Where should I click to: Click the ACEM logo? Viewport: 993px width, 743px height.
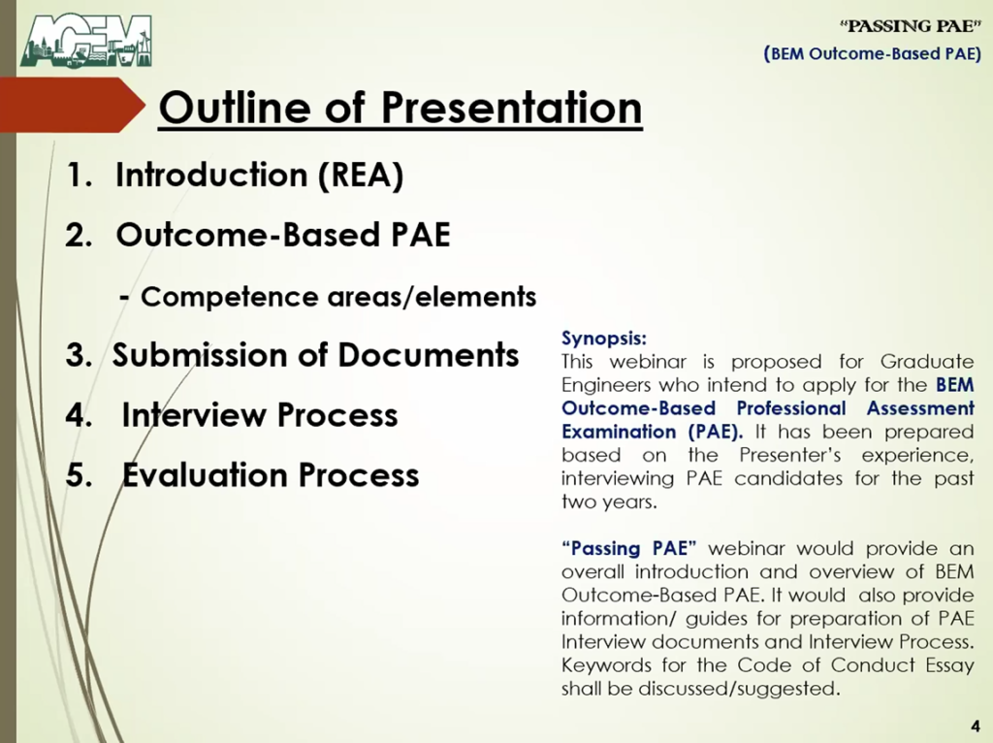(x=86, y=41)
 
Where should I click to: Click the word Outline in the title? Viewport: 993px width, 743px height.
(x=235, y=107)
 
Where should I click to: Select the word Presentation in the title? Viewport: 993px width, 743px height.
(x=512, y=107)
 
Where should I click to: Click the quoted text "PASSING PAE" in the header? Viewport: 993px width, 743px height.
(x=910, y=26)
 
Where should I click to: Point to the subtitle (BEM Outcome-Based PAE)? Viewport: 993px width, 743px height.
(x=872, y=53)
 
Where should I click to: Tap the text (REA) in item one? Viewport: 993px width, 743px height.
(x=360, y=175)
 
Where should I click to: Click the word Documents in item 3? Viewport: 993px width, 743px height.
(x=428, y=355)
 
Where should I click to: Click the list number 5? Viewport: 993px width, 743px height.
(x=79, y=475)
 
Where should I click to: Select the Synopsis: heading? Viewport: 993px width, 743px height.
(x=603, y=339)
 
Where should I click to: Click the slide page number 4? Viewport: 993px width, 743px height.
(x=976, y=727)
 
